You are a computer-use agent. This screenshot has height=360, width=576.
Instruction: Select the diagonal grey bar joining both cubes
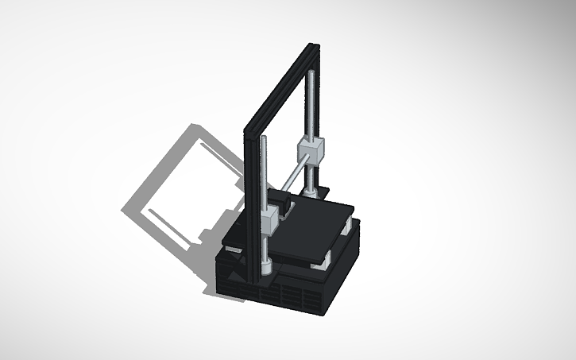tap(291, 185)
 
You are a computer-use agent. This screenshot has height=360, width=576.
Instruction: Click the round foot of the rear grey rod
tap(311, 192)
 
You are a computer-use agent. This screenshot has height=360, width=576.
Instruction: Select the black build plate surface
tap(314, 230)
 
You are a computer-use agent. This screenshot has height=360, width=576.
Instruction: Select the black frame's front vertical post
tap(251, 207)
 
